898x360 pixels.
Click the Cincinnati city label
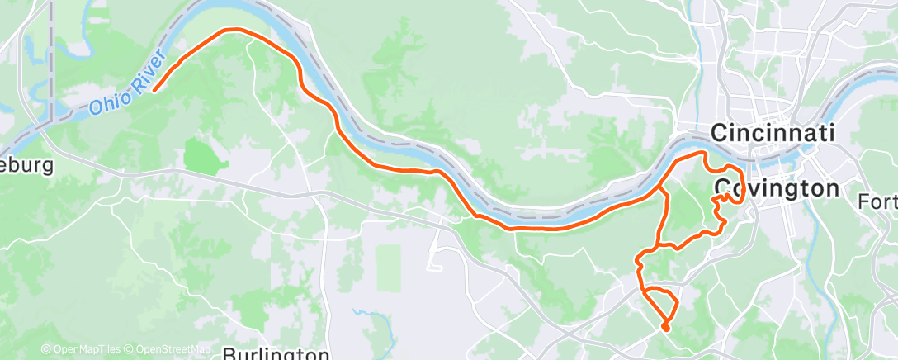773,132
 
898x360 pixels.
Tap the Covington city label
777,189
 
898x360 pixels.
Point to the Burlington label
276,353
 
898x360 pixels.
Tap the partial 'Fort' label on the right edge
877,201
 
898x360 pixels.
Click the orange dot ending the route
665,328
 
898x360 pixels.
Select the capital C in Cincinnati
719,133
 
